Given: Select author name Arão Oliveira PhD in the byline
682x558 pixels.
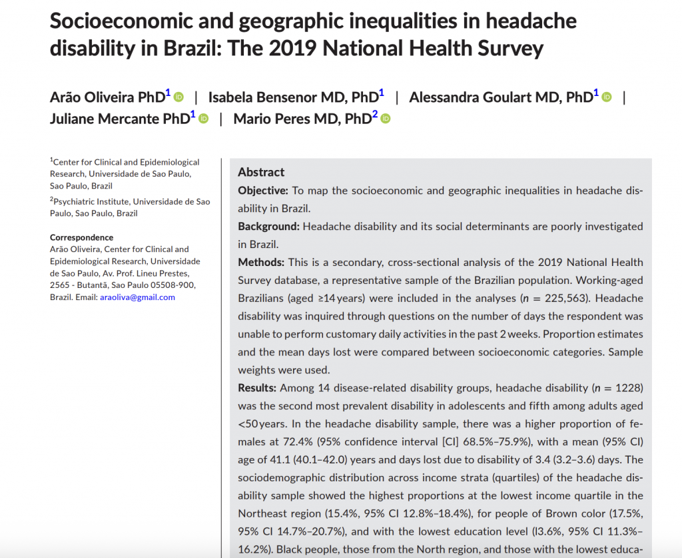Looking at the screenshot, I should click(107, 97).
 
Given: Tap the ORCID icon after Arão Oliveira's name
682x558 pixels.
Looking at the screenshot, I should click(178, 97).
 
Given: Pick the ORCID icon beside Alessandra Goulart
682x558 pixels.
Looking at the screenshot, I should click(606, 97).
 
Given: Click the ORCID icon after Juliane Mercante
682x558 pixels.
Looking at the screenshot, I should click(204, 119).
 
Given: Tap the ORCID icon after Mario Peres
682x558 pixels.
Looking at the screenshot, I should click(385, 119).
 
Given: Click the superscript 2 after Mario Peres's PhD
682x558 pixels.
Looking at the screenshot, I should click(375, 115).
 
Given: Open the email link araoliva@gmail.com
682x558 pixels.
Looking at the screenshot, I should click(137, 297).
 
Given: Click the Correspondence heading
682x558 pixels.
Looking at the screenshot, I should click(82, 237).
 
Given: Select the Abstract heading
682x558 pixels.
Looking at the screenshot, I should click(261, 172).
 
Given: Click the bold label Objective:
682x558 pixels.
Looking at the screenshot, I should click(263, 191).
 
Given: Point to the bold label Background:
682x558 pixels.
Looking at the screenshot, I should click(268, 227).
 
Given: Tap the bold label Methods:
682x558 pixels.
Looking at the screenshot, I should click(261, 262).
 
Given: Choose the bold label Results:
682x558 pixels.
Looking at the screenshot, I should click(258, 387).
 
